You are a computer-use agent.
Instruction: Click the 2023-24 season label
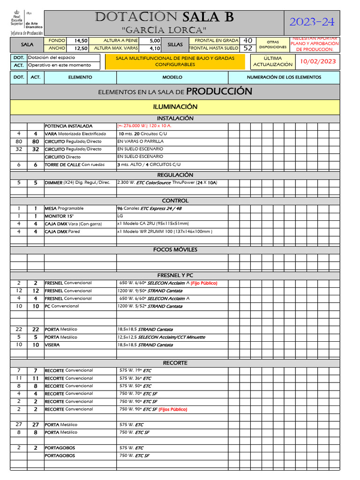312,22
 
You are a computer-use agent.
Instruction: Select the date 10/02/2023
318,61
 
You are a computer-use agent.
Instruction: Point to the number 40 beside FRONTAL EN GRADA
248,41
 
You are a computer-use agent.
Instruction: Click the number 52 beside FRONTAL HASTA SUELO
248,48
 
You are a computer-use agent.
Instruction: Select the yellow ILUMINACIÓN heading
175,107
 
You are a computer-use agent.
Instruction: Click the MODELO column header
172,77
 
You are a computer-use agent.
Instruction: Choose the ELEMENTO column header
80,77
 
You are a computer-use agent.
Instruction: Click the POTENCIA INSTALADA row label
68,126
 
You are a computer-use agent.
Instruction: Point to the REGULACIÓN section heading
175,175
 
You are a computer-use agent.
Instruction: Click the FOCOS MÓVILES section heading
175,249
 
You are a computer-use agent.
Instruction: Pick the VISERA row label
52,345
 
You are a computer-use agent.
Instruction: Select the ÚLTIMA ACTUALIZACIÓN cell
273,61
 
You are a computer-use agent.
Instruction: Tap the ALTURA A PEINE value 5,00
155,41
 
